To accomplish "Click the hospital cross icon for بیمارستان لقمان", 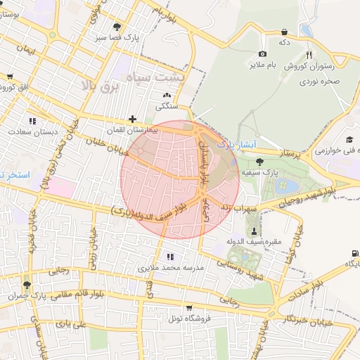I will point(132,119).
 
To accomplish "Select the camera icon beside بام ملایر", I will point(263,54).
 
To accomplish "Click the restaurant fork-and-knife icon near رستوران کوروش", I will point(309,54).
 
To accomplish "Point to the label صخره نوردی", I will point(321,82).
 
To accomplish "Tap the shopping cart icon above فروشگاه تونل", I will point(188,307).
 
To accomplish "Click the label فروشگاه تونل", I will point(184,319).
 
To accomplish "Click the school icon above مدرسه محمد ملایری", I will point(169,256).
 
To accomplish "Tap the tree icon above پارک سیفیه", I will point(260,161).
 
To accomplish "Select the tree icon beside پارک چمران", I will point(27,285).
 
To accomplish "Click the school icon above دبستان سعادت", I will point(32,120).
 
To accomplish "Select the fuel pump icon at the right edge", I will point(354,253).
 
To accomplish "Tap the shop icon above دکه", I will point(284,32).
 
